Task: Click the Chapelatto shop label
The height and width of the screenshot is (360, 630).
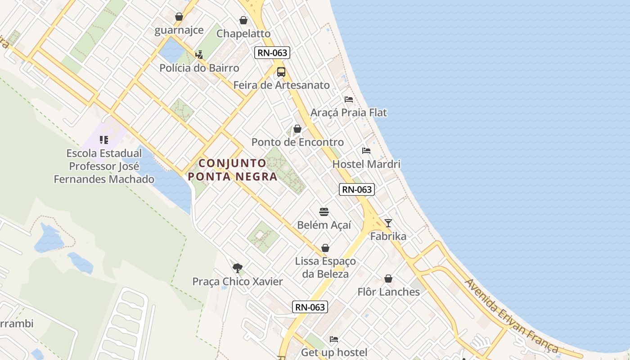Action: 243,34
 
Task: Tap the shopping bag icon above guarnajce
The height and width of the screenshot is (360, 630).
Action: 179,17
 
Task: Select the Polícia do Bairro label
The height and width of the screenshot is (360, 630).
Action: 199,68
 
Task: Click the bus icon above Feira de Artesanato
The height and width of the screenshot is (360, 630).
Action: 281,72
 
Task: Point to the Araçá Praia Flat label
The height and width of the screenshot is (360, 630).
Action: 349,112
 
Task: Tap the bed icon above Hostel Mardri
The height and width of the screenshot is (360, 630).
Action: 366,151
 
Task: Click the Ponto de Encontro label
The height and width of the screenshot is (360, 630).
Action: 297,142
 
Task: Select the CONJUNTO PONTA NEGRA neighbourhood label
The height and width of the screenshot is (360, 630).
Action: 233,170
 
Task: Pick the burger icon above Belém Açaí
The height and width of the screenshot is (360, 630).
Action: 324,212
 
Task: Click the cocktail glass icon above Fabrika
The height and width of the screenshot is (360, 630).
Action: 388,223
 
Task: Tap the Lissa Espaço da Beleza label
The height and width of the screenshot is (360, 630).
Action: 325,267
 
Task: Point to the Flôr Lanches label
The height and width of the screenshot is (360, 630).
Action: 389,292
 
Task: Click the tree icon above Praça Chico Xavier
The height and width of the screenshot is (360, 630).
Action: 238,268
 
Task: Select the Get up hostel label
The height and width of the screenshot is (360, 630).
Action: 334,352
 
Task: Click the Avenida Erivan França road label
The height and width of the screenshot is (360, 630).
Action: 511,315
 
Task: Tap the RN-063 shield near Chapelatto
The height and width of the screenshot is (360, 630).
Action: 272,53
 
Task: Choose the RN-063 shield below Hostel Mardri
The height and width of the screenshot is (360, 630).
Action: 357,189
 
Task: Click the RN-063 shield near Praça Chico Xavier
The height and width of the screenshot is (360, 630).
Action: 310,307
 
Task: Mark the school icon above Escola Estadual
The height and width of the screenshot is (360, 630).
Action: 104,140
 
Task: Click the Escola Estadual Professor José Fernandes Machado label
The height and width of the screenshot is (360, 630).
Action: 104,166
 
